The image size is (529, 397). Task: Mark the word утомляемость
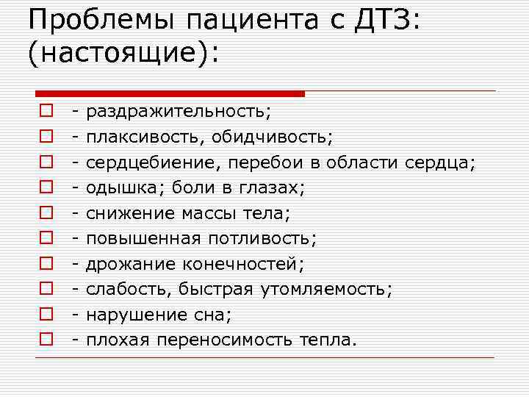coord(323,290)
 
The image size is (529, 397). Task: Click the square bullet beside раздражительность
coord(46,112)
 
